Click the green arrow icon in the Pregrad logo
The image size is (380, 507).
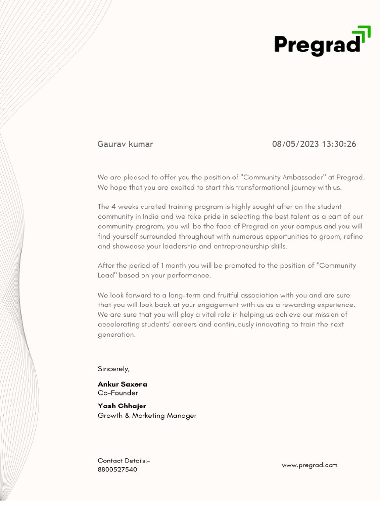364,37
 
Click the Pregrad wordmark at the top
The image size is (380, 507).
317,45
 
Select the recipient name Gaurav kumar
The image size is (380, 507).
125,144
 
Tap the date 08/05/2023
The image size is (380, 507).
295,144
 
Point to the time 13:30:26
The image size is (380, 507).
339,144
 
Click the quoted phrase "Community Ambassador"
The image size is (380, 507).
282,177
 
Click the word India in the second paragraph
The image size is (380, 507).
143,216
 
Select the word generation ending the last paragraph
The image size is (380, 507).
116,335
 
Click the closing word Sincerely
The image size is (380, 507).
113,369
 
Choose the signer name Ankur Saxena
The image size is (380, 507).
122,384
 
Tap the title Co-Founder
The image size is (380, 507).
118,393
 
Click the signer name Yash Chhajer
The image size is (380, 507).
122,406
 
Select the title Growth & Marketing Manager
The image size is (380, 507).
147,416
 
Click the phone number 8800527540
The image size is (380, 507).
117,469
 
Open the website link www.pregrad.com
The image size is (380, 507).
309,465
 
